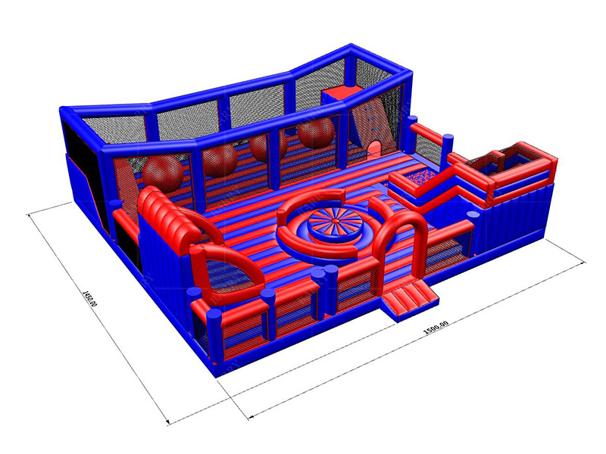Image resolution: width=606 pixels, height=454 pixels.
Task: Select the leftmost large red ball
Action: (164, 173)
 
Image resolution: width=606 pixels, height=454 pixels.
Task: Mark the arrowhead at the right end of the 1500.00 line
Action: (583, 261)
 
